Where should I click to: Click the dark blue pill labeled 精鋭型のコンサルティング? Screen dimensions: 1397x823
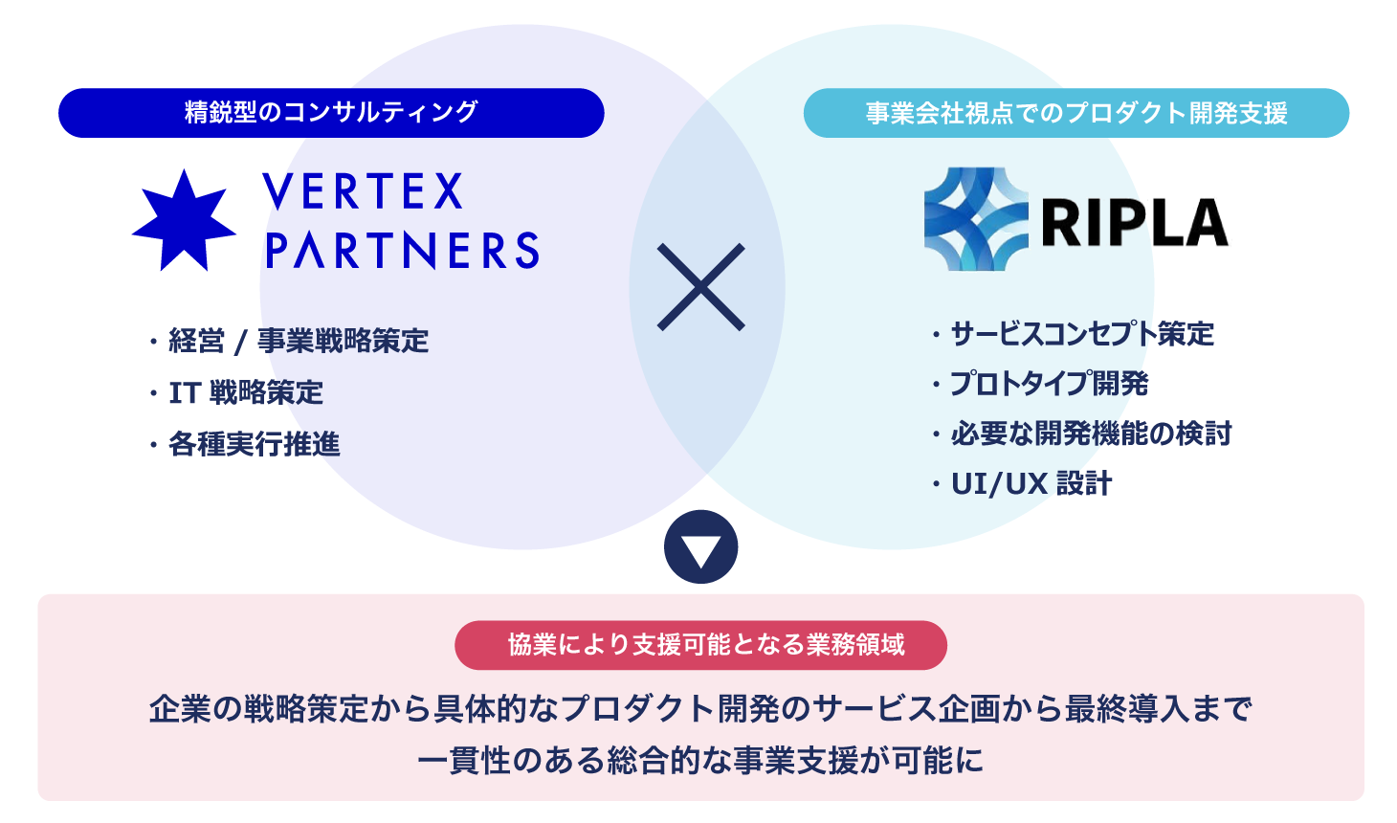[x=331, y=113]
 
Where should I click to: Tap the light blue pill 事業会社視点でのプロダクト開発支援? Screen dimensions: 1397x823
[x=1075, y=113]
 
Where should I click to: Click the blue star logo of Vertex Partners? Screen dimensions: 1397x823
[x=183, y=220]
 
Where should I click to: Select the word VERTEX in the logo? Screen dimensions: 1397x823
[x=364, y=191]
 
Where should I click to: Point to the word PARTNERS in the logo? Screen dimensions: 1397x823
[x=402, y=251]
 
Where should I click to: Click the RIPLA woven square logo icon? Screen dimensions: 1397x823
[x=975, y=219]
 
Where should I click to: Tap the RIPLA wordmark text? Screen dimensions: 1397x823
[x=1134, y=222]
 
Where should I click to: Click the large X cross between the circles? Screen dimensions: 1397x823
[x=700, y=287]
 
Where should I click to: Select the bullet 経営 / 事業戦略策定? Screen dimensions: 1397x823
[x=298, y=341]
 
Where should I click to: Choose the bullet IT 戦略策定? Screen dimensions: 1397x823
[x=246, y=392]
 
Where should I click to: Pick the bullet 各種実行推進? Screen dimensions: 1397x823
[x=254, y=444]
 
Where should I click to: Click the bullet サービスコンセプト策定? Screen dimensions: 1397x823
[x=1081, y=334]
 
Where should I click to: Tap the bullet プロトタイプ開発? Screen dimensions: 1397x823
[x=1049, y=384]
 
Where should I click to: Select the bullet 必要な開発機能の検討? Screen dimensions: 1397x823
[x=1091, y=434]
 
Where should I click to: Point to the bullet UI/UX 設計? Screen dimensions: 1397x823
[x=1031, y=483]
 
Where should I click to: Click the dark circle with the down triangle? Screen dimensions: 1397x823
[x=700, y=547]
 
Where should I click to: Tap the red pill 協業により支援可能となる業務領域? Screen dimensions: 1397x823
[x=700, y=645]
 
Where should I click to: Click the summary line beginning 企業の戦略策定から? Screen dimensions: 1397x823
[x=700, y=709]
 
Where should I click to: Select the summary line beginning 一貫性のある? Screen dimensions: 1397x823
[x=700, y=761]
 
